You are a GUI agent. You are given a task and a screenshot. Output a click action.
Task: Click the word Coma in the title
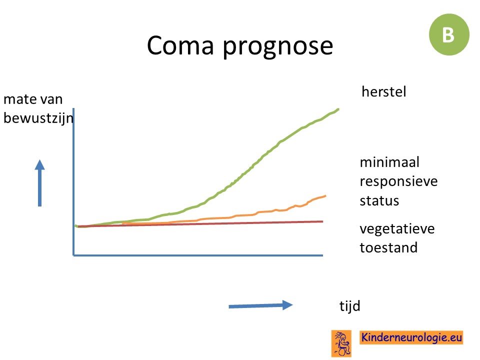(180, 45)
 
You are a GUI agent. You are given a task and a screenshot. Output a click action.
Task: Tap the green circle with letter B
(449, 34)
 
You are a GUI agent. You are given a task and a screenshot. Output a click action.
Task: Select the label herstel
(384, 91)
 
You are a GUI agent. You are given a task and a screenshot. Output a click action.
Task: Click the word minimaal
(389, 162)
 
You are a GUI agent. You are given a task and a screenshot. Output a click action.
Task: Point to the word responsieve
(398, 182)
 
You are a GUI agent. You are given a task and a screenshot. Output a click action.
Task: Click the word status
(379, 201)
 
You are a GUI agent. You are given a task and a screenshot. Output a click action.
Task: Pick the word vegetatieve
(397, 229)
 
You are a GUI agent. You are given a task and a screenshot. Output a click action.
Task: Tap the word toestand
(388, 247)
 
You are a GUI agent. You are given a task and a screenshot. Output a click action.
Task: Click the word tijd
(349, 306)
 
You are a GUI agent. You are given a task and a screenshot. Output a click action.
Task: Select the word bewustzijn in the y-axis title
(38, 118)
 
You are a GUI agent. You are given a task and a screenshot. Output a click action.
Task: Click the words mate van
(33, 99)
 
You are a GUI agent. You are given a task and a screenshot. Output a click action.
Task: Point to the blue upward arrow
(40, 183)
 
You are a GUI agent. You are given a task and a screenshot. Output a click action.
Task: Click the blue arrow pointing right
(260, 305)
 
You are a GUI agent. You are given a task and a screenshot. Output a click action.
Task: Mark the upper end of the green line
(338, 109)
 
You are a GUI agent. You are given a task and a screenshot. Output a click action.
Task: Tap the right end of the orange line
(325, 196)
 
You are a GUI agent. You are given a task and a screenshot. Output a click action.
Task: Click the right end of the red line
(323, 221)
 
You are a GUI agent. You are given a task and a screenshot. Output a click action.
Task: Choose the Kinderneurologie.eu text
(411, 337)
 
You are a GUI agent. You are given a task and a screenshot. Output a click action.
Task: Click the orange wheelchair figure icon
(341, 343)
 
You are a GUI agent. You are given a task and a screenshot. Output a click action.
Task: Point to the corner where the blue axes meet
(74, 255)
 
